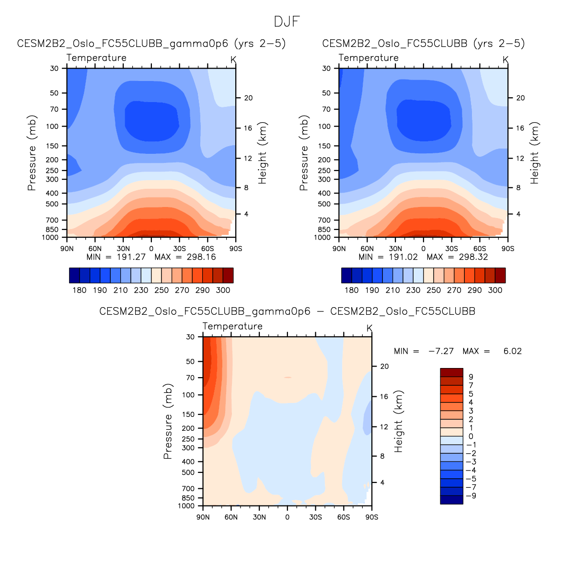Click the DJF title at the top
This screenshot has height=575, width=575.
tap(287, 22)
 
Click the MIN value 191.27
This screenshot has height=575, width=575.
tap(131, 257)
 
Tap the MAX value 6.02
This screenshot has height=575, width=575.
tap(512, 351)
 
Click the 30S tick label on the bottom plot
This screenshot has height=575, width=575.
tap(315, 517)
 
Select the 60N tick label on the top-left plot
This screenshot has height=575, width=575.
tap(95, 249)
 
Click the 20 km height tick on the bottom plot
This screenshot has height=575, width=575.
tap(384, 367)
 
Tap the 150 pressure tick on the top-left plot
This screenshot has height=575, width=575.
tap(52, 146)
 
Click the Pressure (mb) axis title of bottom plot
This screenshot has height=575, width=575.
tap(168, 421)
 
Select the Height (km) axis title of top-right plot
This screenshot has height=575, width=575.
tap(535, 153)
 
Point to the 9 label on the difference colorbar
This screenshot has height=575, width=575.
tap(471, 377)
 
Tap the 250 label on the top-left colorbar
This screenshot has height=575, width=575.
tap(161, 290)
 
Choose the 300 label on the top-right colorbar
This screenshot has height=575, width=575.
tap(495, 290)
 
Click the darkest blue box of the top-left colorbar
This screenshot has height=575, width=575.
tap(74, 276)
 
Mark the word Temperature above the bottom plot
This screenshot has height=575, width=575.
tap(232, 326)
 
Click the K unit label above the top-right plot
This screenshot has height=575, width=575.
tap(506, 59)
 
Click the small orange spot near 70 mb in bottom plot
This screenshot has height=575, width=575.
tap(287, 378)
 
